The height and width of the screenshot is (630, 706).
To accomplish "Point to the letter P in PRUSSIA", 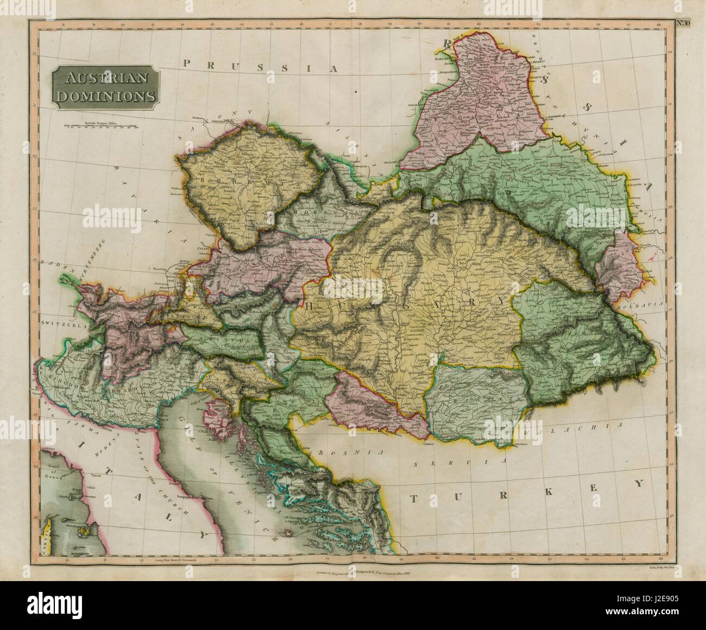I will click(x=187, y=64).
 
